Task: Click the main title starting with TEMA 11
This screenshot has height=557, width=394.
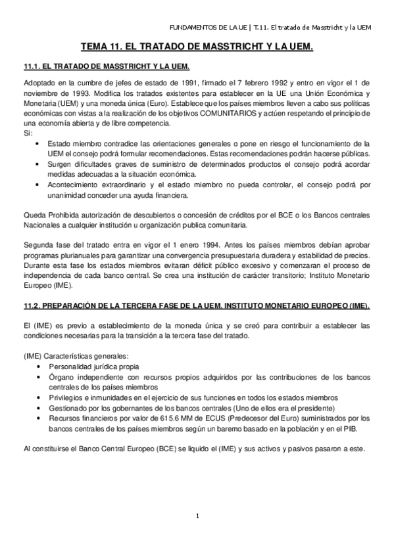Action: coord(197,47)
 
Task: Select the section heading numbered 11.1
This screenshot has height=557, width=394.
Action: coord(106,67)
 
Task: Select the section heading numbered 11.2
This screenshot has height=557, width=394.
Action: coord(197,306)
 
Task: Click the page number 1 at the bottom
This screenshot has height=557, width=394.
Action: coord(197,516)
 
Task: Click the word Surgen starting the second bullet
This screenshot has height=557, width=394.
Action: coord(61,164)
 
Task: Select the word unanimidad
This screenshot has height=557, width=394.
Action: coord(70,195)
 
